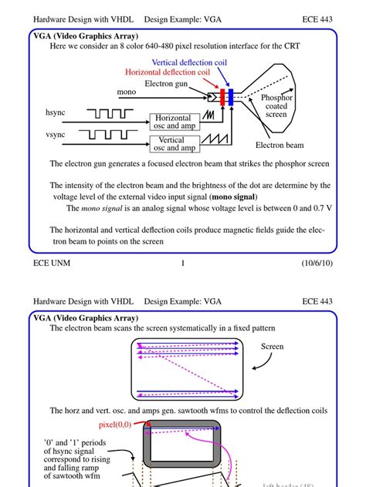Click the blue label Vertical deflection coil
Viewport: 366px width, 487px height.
pos(189,62)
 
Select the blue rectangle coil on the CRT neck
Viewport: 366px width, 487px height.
pos(230,97)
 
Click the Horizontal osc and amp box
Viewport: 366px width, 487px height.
pos(178,123)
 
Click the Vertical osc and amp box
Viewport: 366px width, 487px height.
pos(178,144)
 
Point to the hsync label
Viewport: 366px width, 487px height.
pos(57,113)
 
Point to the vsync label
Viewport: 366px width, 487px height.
pos(57,134)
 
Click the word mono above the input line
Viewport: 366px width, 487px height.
pos(127,92)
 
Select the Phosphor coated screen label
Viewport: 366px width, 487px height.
pos(276,106)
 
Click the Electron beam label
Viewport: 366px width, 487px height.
pos(280,145)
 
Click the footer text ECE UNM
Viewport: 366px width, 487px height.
pos(53,264)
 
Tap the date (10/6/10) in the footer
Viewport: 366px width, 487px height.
pos(317,264)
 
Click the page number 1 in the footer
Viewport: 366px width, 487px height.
pos(183,264)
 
